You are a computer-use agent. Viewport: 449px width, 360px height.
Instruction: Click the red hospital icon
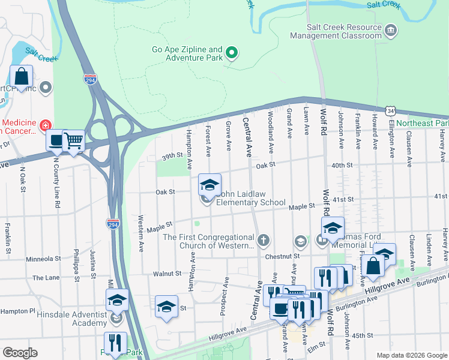tap(46, 125)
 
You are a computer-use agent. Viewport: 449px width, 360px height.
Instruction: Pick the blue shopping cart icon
tap(73, 140)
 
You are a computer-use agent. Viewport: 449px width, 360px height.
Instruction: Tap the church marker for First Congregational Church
tap(264, 241)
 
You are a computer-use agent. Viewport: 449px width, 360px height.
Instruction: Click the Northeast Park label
tap(423, 123)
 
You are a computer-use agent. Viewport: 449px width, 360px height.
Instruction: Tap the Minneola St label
tap(43, 260)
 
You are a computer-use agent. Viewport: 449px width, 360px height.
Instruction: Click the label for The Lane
tap(46, 278)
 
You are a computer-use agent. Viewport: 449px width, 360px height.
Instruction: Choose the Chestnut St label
tap(284, 256)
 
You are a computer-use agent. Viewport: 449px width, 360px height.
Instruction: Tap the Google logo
tap(19, 353)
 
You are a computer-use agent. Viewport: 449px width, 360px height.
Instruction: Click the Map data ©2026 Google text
tap(411, 355)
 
